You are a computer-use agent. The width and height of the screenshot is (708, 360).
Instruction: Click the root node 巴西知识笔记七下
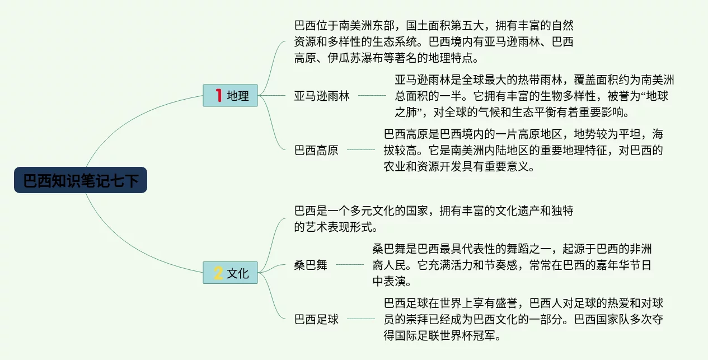pos(81,180)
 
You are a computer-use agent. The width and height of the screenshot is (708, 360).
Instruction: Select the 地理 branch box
pos(230,96)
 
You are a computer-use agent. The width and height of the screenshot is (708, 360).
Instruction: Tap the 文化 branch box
pos(230,273)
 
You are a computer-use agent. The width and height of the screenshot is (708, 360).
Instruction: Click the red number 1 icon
pos(219,96)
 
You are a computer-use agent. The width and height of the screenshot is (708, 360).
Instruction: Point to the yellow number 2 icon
pos(218,273)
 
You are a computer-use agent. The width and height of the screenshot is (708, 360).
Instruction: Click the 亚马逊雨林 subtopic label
pos(322,96)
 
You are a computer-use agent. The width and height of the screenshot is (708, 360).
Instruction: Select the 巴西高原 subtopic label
pos(316,151)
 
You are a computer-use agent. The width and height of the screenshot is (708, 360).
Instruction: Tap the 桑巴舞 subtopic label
pos(311,265)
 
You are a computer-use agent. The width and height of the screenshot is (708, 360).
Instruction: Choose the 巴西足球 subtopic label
pos(316,320)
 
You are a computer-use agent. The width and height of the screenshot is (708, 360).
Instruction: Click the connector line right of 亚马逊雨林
pos(372,96)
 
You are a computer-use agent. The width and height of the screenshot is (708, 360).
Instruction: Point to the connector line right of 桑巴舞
pos(350,265)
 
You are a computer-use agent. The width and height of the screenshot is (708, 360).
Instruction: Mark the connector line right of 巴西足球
pos(361,320)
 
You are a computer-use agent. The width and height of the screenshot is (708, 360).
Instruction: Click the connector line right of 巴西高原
pos(361,150)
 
